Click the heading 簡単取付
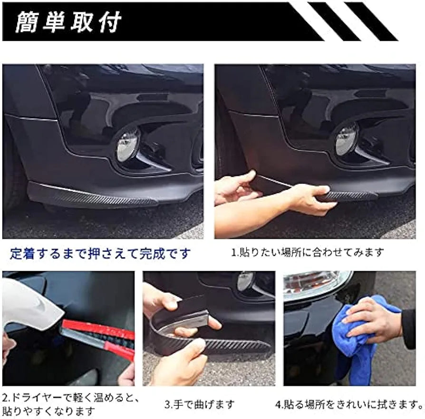coord(68,22)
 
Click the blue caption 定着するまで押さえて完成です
coord(100,253)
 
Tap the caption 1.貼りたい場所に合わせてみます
coord(307,253)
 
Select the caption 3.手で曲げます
coord(200,405)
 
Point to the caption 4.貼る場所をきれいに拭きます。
coord(349,405)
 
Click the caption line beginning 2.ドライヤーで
coord(70,397)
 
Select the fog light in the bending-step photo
coord(246,281)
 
